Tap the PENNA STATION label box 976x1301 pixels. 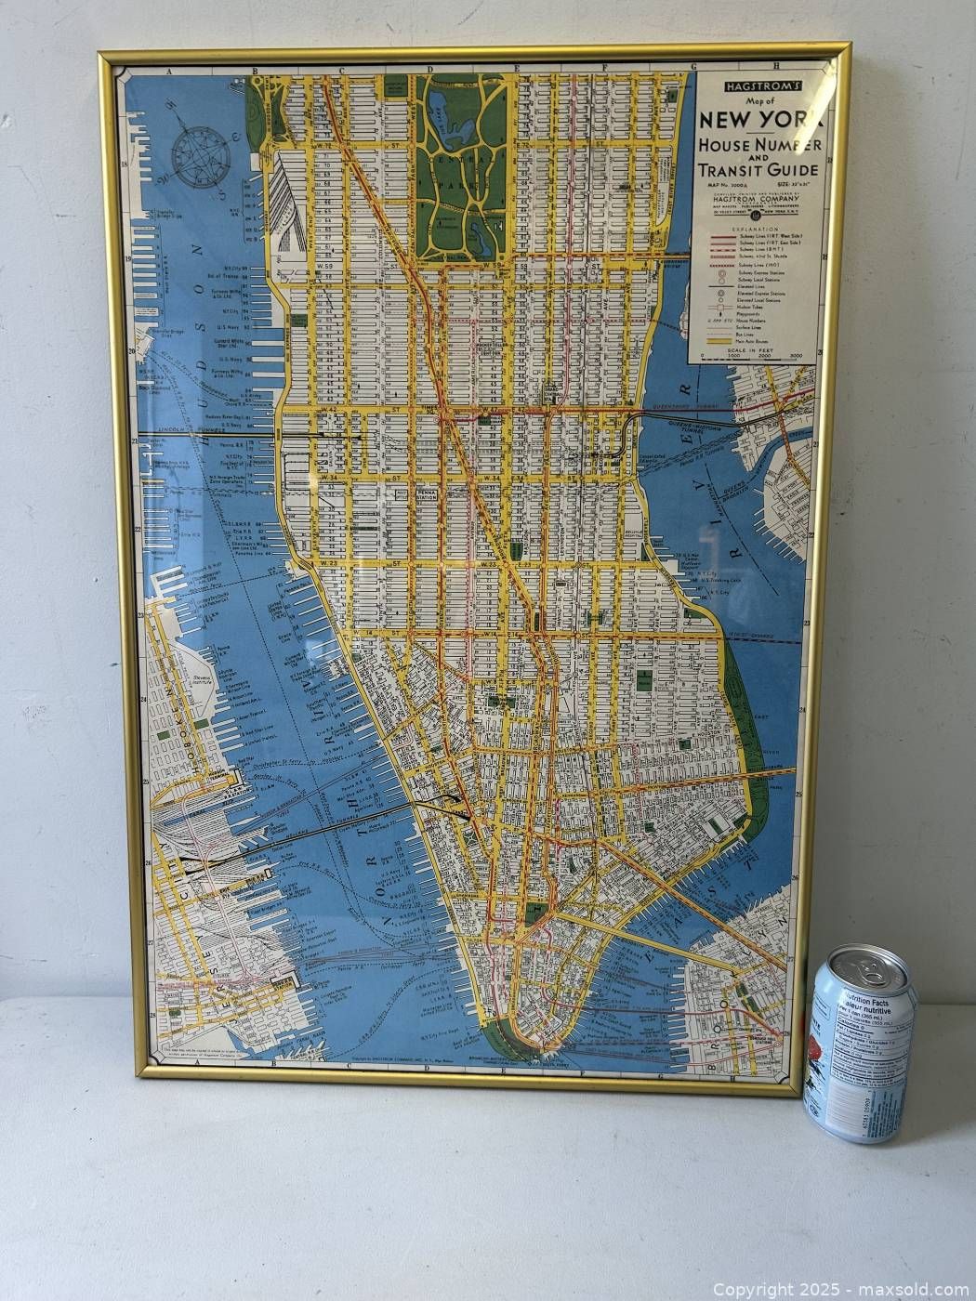pyautogui.click(x=427, y=493)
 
